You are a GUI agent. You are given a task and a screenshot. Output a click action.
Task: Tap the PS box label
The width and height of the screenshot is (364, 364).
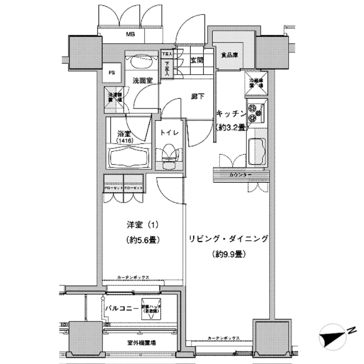click(x=111, y=72)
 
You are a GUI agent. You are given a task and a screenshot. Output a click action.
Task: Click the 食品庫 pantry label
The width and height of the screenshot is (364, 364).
click(x=231, y=55)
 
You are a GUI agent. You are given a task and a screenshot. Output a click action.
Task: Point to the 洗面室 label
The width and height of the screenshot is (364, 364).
click(x=142, y=80)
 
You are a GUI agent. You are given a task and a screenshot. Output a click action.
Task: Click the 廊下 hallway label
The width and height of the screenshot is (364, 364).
click(x=197, y=96)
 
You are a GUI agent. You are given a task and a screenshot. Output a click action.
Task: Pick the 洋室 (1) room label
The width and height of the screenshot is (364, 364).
click(x=142, y=225)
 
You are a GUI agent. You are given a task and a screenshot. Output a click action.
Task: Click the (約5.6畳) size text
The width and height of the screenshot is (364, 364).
click(x=142, y=240)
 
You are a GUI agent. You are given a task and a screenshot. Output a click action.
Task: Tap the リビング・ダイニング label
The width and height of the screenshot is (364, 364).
click(x=229, y=238)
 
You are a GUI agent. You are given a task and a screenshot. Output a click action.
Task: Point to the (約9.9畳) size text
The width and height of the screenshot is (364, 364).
click(x=229, y=254)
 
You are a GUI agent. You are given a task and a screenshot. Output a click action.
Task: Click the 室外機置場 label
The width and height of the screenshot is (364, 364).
click(x=141, y=342)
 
